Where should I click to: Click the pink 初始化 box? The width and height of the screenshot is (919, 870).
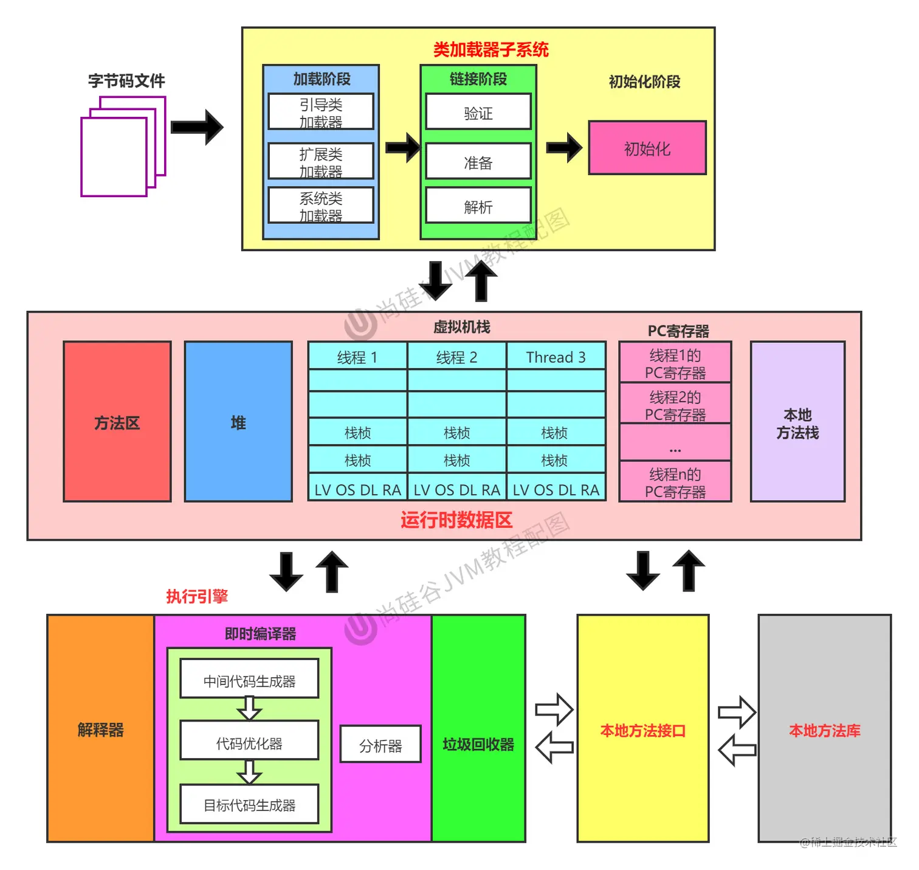(647, 148)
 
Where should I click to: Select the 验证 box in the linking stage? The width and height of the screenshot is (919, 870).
(478, 112)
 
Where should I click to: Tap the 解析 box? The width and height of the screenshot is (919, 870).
(478, 206)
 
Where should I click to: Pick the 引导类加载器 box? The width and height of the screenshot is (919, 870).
(321, 111)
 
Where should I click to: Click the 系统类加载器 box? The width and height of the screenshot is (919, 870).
(321, 206)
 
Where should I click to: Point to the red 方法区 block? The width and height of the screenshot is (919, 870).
(117, 422)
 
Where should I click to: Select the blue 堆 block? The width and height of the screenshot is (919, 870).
(238, 422)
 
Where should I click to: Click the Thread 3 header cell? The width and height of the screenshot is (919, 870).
(556, 357)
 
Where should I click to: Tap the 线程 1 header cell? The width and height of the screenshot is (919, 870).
(357, 357)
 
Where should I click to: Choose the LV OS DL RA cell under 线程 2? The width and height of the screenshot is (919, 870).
(456, 489)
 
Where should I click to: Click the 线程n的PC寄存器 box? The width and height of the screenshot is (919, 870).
(675, 482)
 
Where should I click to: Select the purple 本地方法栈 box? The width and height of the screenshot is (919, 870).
(797, 422)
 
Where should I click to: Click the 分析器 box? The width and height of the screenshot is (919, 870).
(380, 745)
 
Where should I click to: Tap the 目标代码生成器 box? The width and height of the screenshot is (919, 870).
(249, 804)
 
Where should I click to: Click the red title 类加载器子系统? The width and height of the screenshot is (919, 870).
(490, 49)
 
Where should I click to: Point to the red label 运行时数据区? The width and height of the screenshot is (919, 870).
(456, 520)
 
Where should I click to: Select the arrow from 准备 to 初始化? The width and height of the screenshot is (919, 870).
(563, 147)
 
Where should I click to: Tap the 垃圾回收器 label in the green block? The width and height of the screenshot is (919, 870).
(478, 744)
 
